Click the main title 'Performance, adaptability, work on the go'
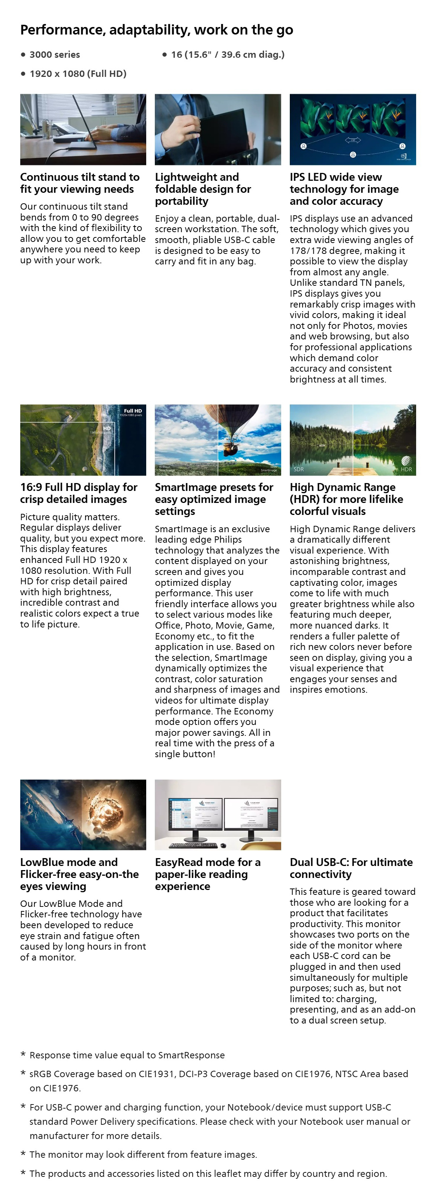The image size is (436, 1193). [x=156, y=30]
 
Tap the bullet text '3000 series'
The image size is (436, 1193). [x=55, y=55]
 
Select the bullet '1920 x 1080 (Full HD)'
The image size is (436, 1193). [x=78, y=74]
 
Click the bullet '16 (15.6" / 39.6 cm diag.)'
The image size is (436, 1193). [x=228, y=55]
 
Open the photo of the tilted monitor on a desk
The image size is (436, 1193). [x=83, y=129]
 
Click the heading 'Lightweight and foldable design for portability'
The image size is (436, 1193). [x=203, y=189]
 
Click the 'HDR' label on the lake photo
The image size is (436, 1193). [x=406, y=469]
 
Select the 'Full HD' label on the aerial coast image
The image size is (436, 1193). [x=133, y=411]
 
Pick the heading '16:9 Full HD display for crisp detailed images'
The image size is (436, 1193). [x=79, y=493]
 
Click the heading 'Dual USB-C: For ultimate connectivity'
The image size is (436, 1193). [x=351, y=868]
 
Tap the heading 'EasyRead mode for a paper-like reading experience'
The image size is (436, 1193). [x=207, y=874]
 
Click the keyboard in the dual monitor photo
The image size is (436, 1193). [x=193, y=846]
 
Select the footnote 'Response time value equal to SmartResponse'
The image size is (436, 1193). [x=127, y=1055]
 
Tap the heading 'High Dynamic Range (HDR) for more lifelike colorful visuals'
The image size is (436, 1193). [x=346, y=499]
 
